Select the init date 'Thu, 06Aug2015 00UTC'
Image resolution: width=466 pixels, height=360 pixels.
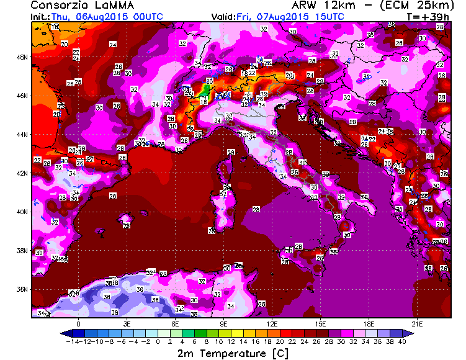point(99,17)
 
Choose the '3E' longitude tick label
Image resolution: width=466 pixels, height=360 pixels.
point(127,324)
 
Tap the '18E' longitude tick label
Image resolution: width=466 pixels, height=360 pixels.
point(369,324)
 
